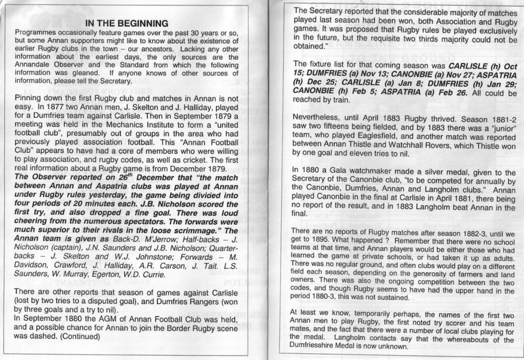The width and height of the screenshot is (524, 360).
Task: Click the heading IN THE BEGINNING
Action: point(127,23)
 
